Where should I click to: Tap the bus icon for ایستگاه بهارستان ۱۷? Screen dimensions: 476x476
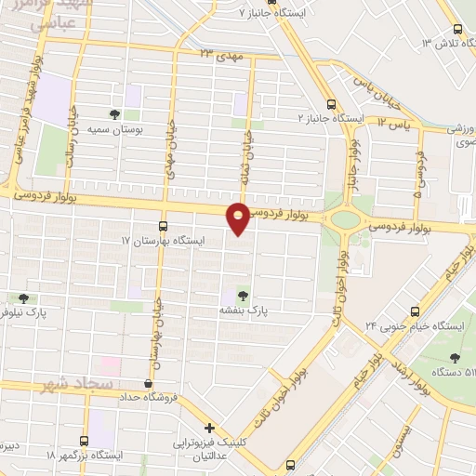(x=164, y=225)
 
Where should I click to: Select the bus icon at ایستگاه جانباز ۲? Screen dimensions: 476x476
(x=332, y=104)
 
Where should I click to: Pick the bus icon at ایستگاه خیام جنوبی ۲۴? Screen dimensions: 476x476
(x=413, y=310)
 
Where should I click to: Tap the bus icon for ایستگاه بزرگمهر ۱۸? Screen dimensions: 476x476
(x=86, y=440)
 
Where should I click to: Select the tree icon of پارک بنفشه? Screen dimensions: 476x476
(x=244, y=293)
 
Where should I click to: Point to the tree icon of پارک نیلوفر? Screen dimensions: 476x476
(x=23, y=298)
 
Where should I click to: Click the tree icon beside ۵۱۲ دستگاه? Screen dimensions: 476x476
(x=455, y=357)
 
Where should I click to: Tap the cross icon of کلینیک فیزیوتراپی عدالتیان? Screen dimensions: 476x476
(x=211, y=429)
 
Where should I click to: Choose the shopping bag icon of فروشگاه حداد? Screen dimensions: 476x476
(x=148, y=383)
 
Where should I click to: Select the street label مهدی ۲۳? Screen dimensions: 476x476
(x=218, y=56)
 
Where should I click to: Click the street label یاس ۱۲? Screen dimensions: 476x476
(x=394, y=123)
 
